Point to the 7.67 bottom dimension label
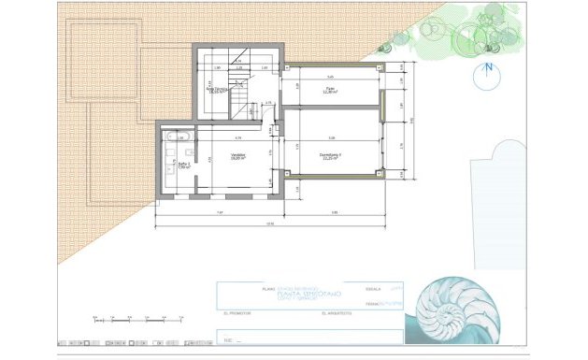pyautogui.click(x=221, y=212)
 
